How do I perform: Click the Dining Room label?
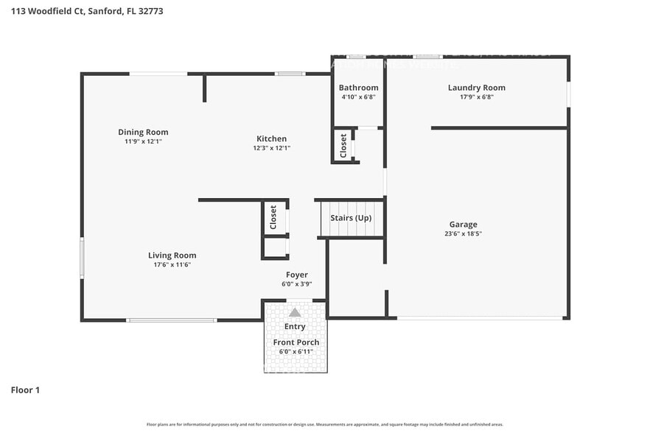[143, 133]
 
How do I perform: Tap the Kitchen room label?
[271, 138]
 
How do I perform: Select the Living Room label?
[172, 256]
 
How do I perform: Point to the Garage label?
[463, 225]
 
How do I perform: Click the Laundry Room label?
[476, 88]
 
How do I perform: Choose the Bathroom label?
[358, 88]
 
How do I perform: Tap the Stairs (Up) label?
[351, 218]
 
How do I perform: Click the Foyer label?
[297, 275]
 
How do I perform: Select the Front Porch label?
[296, 342]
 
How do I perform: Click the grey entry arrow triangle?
[295, 312]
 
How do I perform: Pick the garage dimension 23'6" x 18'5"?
[463, 234]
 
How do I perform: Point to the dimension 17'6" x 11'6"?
[172, 265]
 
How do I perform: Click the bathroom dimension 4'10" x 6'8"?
[358, 97]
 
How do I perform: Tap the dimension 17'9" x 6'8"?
[476, 97]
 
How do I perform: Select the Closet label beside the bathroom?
[343, 145]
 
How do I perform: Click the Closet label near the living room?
[273, 216]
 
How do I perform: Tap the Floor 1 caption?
[25, 390]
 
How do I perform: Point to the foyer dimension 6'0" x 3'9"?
[296, 284]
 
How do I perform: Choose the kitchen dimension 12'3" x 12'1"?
[271, 148]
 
